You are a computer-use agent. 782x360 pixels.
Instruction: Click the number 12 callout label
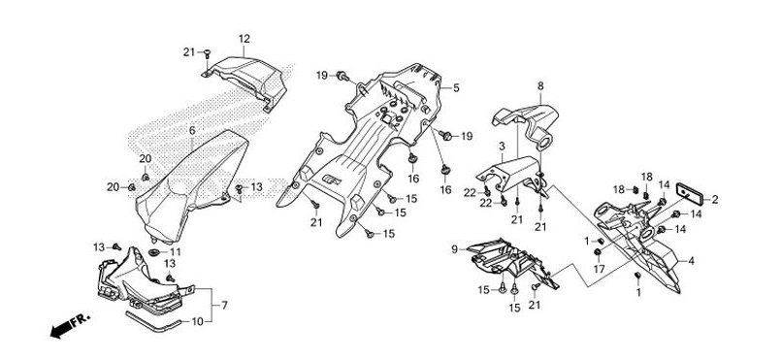point(244,39)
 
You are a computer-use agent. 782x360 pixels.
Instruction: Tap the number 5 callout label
point(456,88)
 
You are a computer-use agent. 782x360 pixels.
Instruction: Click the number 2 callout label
point(715,200)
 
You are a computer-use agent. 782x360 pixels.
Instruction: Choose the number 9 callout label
point(454,248)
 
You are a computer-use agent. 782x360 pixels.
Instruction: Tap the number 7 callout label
point(224,305)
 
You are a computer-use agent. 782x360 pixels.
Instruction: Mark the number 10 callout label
point(198,321)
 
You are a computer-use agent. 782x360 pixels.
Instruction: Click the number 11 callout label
point(175,252)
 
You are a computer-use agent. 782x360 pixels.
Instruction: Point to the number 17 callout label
point(599,269)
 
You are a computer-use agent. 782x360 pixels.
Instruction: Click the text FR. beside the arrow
point(81,320)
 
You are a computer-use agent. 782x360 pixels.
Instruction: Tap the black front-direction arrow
point(60,330)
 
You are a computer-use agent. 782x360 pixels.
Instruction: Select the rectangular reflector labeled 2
point(689,193)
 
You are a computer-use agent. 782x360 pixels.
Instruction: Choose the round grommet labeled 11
point(154,251)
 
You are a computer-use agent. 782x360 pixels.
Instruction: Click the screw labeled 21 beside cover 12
point(208,52)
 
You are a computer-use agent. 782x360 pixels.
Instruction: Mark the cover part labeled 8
point(529,122)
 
